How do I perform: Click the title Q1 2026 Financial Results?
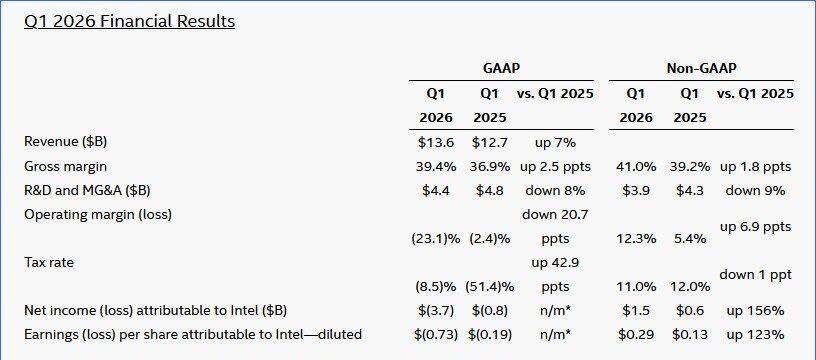point(129,20)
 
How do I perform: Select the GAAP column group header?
point(501,68)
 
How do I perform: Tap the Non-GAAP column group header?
point(701,68)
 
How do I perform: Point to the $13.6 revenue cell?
point(435,141)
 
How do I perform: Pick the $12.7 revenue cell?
point(490,141)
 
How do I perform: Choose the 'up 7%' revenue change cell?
point(554,141)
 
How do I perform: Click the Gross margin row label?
point(65,165)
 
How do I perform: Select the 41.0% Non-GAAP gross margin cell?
point(636,165)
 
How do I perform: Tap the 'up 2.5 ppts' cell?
point(554,165)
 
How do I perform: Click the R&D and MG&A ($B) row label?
point(90,189)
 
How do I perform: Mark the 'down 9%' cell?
point(755,189)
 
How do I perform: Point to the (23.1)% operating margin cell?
point(434,238)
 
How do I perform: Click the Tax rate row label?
point(50,262)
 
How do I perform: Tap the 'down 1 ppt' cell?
point(755,273)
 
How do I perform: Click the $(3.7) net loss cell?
point(435,310)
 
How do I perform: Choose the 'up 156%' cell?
point(755,310)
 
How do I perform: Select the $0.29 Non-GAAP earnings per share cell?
point(636,334)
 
